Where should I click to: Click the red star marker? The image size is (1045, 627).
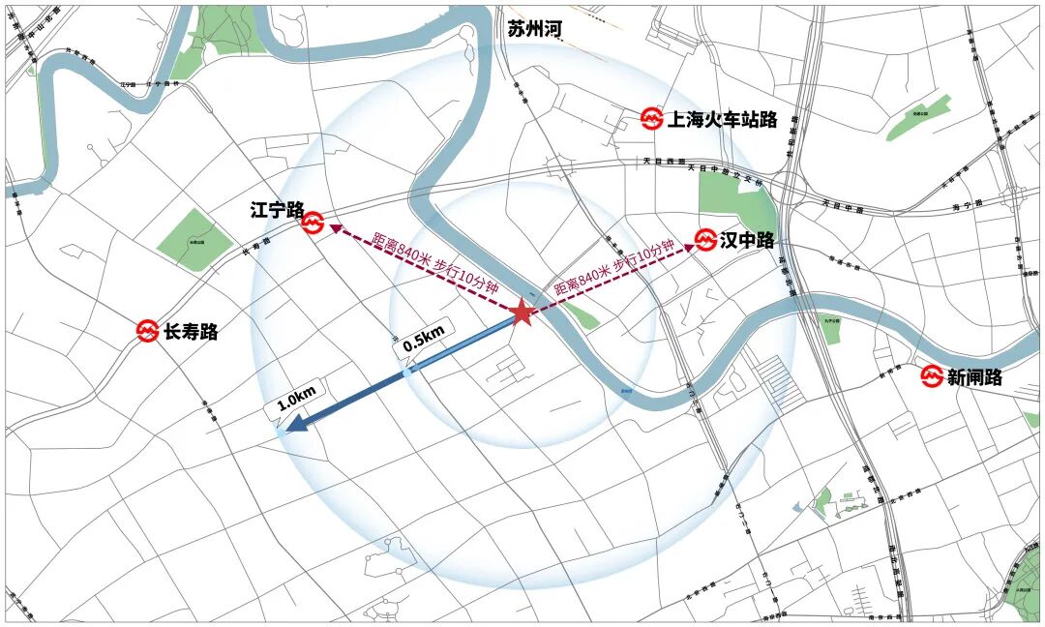click(x=522, y=312)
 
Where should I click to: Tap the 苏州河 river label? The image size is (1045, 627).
click(x=534, y=30)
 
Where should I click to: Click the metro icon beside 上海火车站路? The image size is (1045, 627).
click(x=652, y=119)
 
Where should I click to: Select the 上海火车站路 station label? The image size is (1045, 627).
click(x=723, y=120)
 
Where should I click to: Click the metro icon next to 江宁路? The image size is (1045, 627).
click(x=312, y=223)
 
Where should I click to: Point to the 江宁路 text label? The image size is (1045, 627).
click(x=277, y=210)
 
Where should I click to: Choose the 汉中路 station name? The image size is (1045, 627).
click(x=747, y=240)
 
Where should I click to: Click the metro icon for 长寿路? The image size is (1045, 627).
click(x=147, y=331)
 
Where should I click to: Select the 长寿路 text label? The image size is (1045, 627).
click(x=191, y=332)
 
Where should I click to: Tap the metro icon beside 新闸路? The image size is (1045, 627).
click(x=932, y=376)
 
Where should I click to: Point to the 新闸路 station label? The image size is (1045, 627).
click(x=974, y=377)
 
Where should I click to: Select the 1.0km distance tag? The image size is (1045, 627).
click(x=297, y=400)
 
